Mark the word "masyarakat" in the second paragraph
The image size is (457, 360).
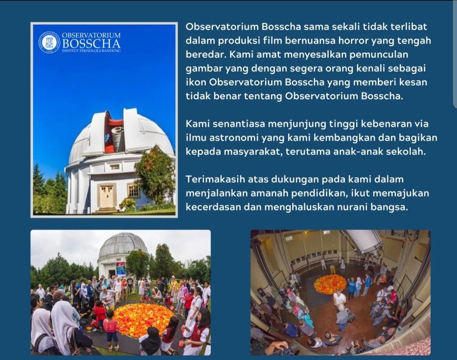pyautogui.click(x=252, y=152)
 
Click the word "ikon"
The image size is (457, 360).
pyautogui.click(x=196, y=82)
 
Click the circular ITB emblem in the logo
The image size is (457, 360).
pyautogui.click(x=49, y=42)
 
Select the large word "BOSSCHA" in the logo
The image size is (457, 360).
pyautogui.click(x=91, y=44)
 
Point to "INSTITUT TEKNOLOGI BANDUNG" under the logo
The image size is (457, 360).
pyautogui.click(x=91, y=51)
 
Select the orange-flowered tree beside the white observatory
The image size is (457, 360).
pyautogui.click(x=154, y=175)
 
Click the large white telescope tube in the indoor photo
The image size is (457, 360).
pyautogui.click(x=364, y=240)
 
